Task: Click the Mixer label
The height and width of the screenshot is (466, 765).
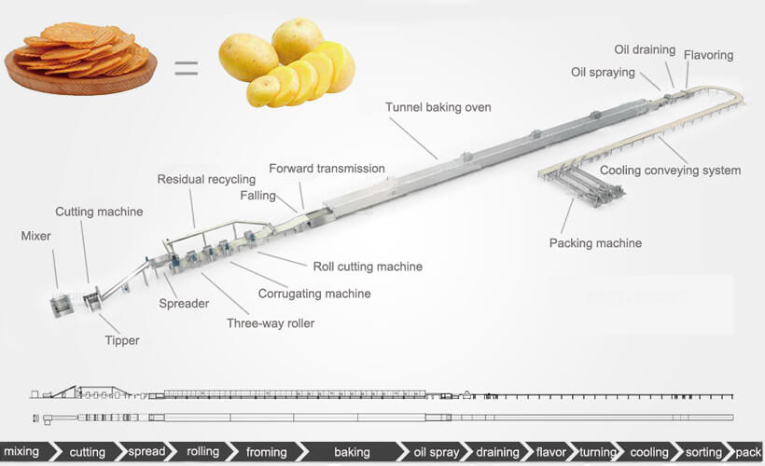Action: [35, 237]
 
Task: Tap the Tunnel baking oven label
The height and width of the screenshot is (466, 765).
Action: [438, 107]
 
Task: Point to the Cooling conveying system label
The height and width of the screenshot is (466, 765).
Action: [670, 171]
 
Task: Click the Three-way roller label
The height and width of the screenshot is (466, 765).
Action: [271, 324]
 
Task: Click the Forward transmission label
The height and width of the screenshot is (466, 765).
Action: [327, 169]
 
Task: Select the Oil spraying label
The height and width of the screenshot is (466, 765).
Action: [603, 73]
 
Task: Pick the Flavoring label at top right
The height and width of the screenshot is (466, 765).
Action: [708, 55]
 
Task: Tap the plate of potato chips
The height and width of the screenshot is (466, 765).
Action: [80, 58]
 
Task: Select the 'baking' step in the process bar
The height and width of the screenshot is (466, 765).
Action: [352, 452]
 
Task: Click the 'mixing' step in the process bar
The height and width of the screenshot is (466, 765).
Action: [21, 452]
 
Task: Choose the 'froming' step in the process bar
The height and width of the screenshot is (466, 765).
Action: [266, 452]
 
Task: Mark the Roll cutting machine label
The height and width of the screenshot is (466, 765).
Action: [367, 267]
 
